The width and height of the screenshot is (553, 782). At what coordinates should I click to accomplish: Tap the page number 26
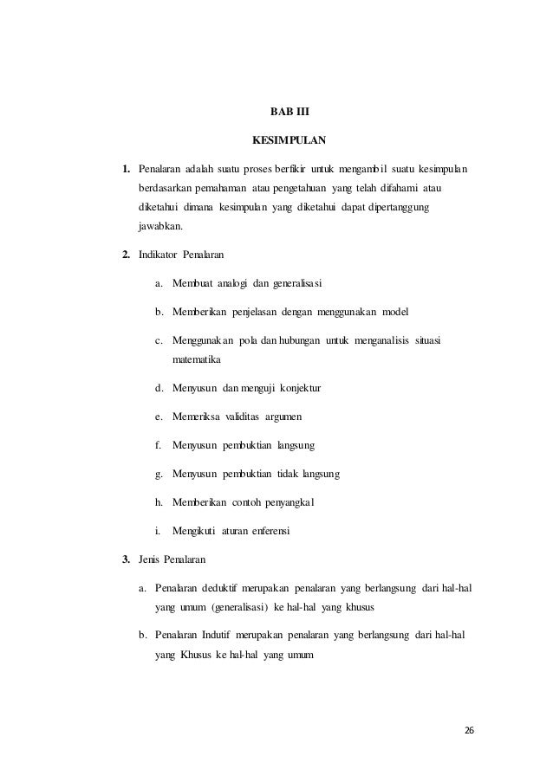(x=469, y=731)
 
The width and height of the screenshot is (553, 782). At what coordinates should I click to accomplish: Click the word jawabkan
(x=154, y=228)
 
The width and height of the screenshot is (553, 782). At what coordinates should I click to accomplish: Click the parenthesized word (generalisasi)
(x=237, y=606)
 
